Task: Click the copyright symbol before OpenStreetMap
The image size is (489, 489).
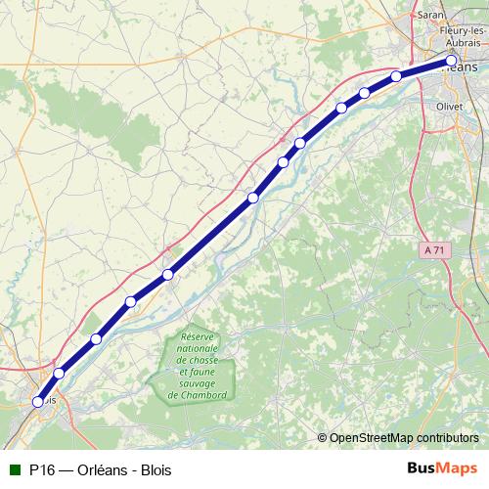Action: pyautogui.click(x=323, y=437)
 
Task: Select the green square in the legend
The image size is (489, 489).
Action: pyautogui.click(x=13, y=470)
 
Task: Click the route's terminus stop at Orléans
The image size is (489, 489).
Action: pyautogui.click(x=451, y=63)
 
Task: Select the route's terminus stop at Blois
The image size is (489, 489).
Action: pyautogui.click(x=39, y=401)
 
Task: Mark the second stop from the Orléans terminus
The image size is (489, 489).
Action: pyautogui.click(x=396, y=76)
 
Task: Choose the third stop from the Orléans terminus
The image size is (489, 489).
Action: pyautogui.click(x=364, y=93)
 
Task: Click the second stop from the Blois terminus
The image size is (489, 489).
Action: pyautogui.click(x=59, y=373)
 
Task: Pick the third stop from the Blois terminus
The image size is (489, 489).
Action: pyautogui.click(x=96, y=339)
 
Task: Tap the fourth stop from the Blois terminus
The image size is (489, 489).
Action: pyautogui.click(x=131, y=301)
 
